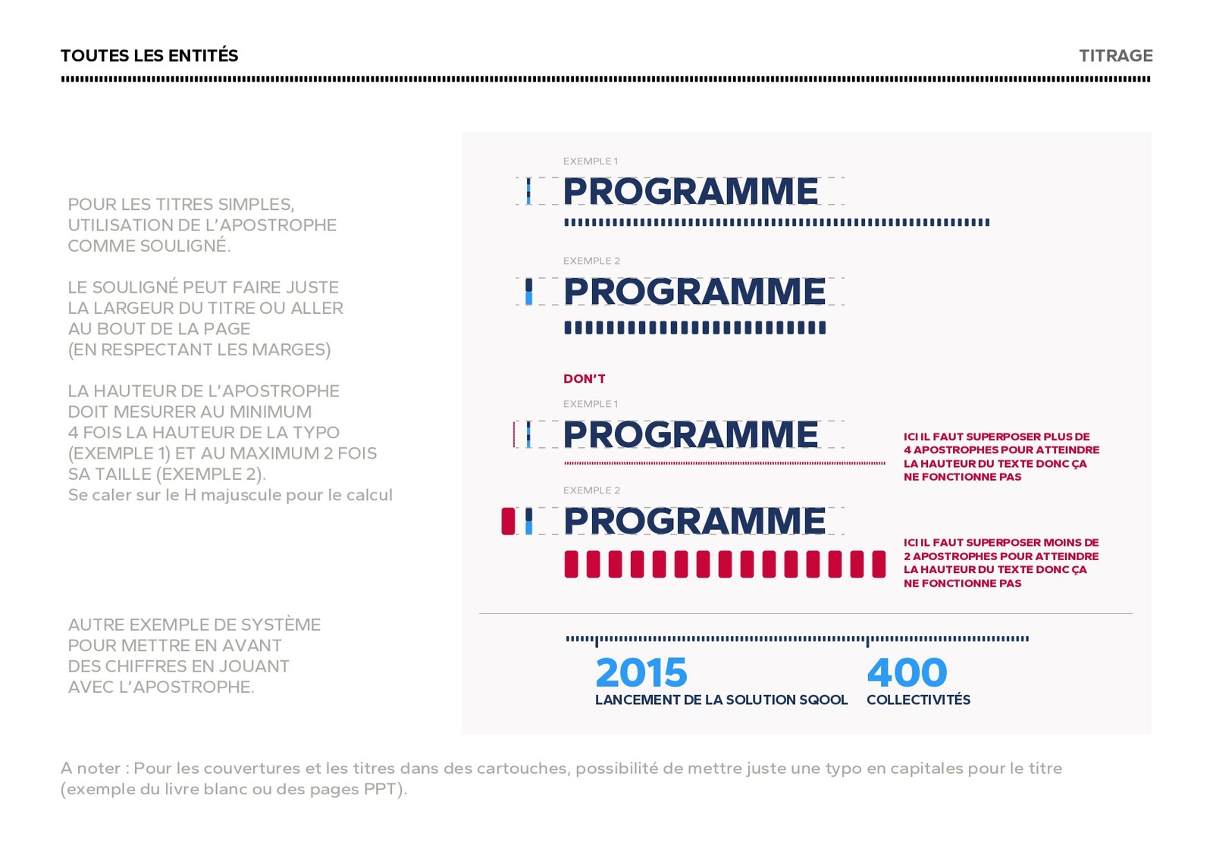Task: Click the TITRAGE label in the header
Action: pyautogui.click(x=1115, y=56)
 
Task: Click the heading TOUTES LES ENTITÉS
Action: pyautogui.click(x=149, y=56)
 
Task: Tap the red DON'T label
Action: pyautogui.click(x=584, y=379)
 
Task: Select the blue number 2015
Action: pyautogui.click(x=641, y=672)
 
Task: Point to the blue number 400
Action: pyautogui.click(x=907, y=672)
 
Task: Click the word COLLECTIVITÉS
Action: pyautogui.click(x=918, y=700)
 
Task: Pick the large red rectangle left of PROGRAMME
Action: pyautogui.click(x=508, y=521)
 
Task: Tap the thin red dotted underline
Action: pyautogui.click(x=724, y=462)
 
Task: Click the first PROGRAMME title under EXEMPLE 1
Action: pyautogui.click(x=691, y=191)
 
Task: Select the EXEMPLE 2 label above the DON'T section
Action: pyautogui.click(x=591, y=261)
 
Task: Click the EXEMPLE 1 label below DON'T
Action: pyautogui.click(x=590, y=404)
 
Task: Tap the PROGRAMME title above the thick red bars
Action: pyautogui.click(x=694, y=521)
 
